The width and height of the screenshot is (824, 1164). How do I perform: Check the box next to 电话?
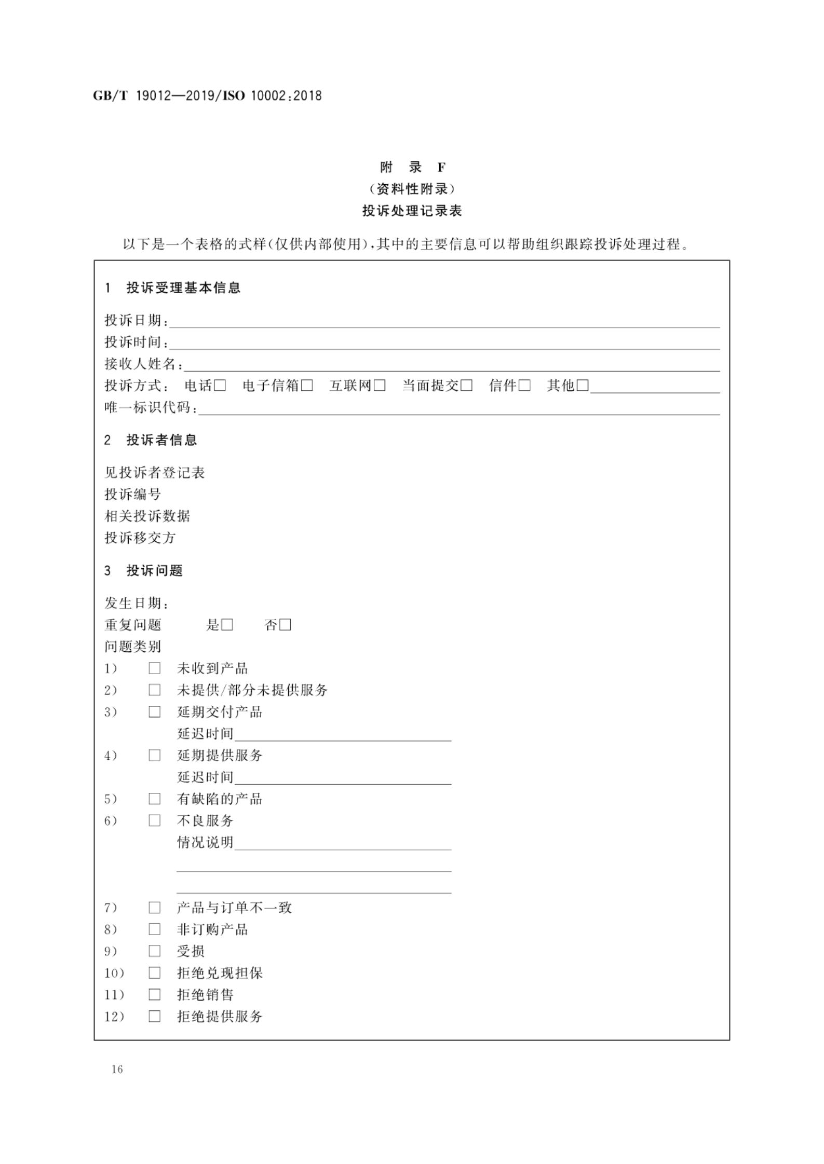[220, 386]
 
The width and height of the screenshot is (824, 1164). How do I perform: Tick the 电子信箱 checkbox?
[307, 386]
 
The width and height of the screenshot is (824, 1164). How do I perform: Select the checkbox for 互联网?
[380, 386]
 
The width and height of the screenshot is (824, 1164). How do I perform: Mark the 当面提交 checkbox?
[466, 386]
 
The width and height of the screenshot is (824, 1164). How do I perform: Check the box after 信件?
[524, 386]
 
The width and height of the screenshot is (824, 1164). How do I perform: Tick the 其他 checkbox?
[583, 386]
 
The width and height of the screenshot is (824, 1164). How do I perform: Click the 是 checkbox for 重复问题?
[227, 625]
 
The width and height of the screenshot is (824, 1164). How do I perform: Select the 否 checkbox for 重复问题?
[285, 625]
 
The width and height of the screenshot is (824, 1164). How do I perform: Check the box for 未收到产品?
[154, 668]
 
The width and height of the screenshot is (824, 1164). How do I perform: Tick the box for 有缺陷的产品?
[154, 799]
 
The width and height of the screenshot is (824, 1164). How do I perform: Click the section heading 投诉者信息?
[161, 440]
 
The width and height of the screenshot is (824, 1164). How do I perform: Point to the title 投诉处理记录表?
[412, 211]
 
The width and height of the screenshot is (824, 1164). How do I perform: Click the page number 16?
[117, 1069]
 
